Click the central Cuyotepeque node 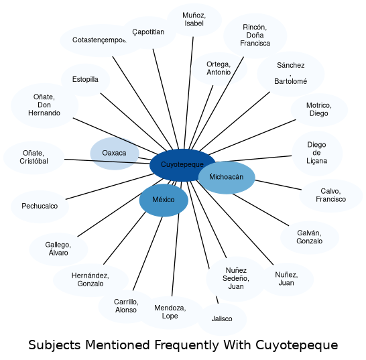point(182,165)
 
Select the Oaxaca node point(115,154)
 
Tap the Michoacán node point(227,178)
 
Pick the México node point(164,200)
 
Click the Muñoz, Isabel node point(194,20)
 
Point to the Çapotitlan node point(148,32)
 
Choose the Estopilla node point(85,80)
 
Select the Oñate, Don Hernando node point(44,105)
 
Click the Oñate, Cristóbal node point(34,158)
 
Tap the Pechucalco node point(40,206)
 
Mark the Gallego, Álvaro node point(58,249)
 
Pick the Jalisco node point(222,319)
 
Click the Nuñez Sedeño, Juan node point(236,279)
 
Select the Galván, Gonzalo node point(310,237)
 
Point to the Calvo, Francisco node point(331,196)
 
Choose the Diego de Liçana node point(317,153)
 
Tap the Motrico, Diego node point(319,110)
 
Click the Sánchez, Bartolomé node point(291,74)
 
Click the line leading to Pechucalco point(110,186)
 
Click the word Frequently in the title point(187,345)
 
